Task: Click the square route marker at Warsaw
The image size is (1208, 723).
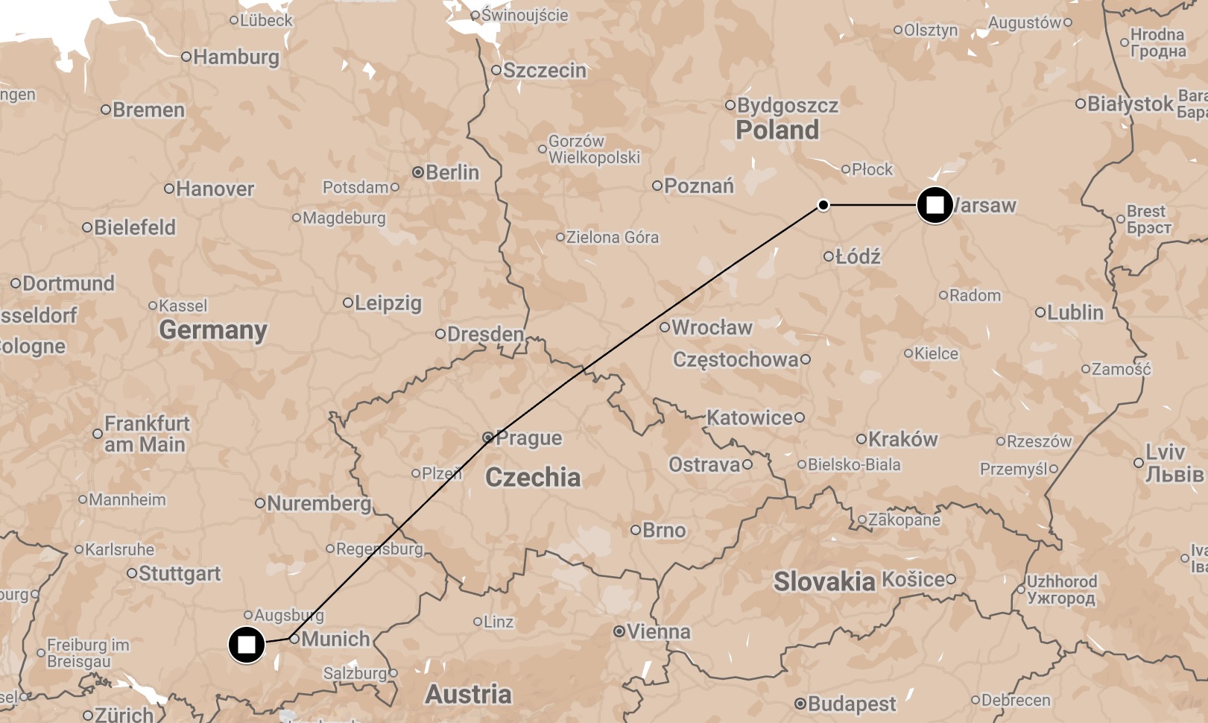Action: pyautogui.click(x=935, y=204)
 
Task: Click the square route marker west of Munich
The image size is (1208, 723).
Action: pyautogui.click(x=246, y=644)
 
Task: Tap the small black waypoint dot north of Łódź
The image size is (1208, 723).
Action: pyautogui.click(x=823, y=205)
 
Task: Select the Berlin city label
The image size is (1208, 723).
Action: pyautogui.click(x=452, y=172)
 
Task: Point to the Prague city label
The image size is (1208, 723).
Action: pyautogui.click(x=528, y=438)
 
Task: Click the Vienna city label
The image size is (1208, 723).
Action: pyautogui.click(x=658, y=632)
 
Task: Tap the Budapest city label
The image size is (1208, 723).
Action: pyautogui.click(x=851, y=704)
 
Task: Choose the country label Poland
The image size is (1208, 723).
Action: pyautogui.click(x=777, y=130)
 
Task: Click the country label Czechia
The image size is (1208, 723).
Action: pyautogui.click(x=532, y=477)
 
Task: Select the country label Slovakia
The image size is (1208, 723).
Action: pyautogui.click(x=823, y=581)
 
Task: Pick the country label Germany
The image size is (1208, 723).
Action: pyautogui.click(x=212, y=329)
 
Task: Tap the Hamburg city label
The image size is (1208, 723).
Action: pyautogui.click(x=235, y=57)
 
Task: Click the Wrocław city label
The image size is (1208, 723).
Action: pyautogui.click(x=712, y=327)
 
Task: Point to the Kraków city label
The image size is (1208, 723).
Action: pyautogui.click(x=902, y=439)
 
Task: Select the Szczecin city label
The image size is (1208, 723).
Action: pyautogui.click(x=544, y=70)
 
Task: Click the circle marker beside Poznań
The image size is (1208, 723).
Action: pyautogui.click(x=657, y=186)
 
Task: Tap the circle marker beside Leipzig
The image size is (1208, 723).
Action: pyautogui.click(x=347, y=303)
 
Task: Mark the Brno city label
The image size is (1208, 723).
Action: pyautogui.click(x=663, y=530)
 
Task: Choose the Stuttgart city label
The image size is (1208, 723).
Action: pyautogui.click(x=180, y=573)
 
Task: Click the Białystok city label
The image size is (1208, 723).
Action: pyautogui.click(x=1130, y=104)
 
